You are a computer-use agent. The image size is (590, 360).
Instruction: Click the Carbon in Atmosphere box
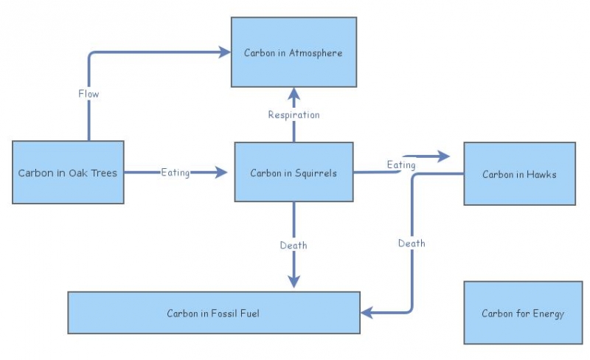point(294,52)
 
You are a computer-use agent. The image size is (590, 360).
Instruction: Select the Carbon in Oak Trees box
point(68,173)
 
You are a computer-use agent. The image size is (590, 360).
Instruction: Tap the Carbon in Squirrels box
point(294,173)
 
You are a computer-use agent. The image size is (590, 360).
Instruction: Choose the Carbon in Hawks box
point(519,174)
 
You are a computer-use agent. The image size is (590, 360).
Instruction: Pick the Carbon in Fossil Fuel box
point(213,313)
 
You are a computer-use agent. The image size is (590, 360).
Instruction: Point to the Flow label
point(88,94)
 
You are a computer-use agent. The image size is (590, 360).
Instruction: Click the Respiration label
point(294,114)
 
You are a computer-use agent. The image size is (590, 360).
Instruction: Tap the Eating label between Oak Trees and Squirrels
point(176,173)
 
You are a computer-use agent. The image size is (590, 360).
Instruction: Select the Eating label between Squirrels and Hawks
point(401,165)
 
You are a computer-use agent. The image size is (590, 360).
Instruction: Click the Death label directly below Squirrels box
point(294,244)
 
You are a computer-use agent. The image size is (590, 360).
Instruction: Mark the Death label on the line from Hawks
point(412,243)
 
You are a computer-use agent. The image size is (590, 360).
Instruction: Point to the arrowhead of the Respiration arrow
point(294,93)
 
